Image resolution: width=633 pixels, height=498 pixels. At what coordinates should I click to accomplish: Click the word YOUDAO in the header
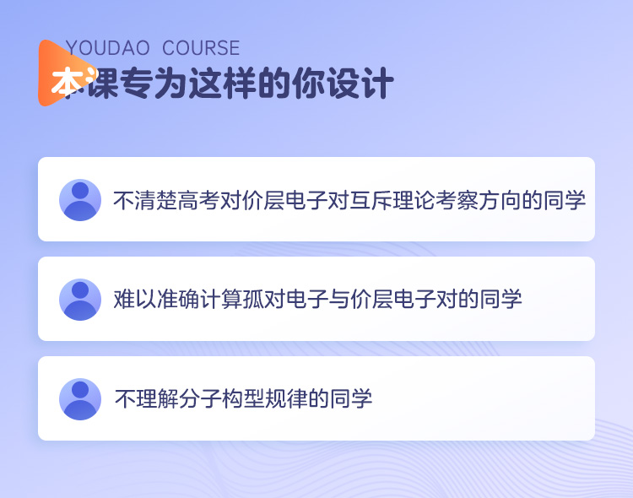[x=107, y=48]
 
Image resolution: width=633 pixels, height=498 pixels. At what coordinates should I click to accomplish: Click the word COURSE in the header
[x=201, y=48]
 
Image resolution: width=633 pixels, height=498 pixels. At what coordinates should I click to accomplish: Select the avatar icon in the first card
[x=80, y=200]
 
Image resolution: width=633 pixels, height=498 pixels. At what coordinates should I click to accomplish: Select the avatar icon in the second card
[x=80, y=300]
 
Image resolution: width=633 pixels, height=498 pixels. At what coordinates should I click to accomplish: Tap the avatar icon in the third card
[x=80, y=399]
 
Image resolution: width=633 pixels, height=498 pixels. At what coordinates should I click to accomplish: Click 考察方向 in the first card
[x=478, y=200]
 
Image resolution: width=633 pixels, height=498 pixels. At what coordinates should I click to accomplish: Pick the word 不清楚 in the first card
[x=145, y=200]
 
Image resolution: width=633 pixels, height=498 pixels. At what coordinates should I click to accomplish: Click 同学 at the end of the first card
[x=565, y=200]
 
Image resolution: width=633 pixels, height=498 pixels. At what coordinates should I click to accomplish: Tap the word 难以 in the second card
[x=135, y=300]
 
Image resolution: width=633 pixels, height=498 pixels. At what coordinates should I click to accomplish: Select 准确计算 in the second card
[x=199, y=300]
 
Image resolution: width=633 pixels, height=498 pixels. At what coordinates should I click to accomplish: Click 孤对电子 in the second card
[x=285, y=300]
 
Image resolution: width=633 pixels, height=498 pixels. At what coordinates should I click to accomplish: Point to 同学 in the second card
[x=500, y=300]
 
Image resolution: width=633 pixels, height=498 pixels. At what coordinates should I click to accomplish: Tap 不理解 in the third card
[x=147, y=399]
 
